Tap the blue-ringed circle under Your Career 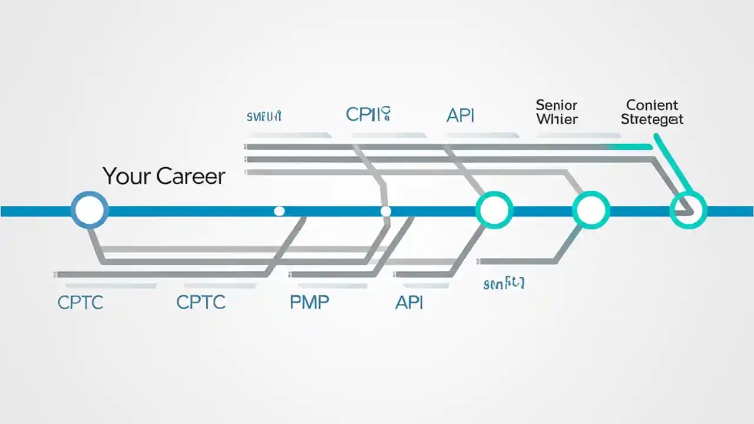pos(90,210)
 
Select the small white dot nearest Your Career pos(279,211)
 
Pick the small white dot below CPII pos(385,211)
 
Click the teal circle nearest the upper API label pos(494,210)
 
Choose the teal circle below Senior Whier pos(591,210)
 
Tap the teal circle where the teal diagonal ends pos(688,210)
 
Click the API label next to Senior pos(460,115)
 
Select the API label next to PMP pos(409,302)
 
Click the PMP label pos(309,302)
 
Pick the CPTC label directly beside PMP pos(201,302)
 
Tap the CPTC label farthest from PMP pos(80,302)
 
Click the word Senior pos(556,105)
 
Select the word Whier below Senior pos(556,120)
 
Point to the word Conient pos(652,105)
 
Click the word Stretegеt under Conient pos(652,120)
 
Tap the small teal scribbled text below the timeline pos(504,284)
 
